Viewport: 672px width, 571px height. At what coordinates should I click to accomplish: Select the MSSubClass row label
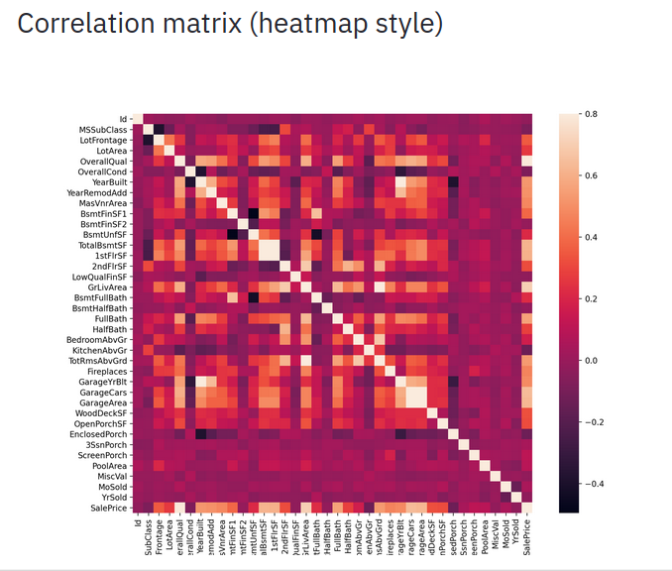103,130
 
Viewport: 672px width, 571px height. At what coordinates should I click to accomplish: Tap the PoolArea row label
108,464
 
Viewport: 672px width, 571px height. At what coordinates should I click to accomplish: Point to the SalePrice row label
107,507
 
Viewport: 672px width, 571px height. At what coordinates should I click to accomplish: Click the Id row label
123,119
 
